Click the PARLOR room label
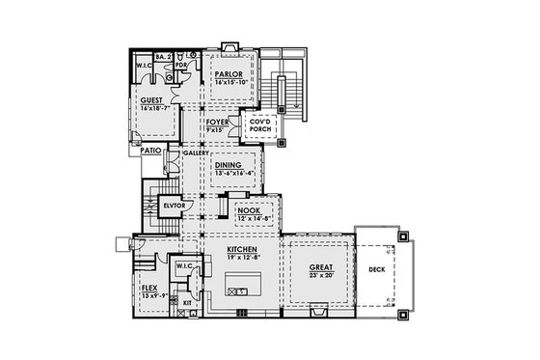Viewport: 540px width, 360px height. [229, 73]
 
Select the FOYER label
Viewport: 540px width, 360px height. [217, 123]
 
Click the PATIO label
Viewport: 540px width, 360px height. [148, 152]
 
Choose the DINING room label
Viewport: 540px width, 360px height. [229, 165]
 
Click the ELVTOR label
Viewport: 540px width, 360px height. [174, 206]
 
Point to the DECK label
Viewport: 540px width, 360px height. [377, 270]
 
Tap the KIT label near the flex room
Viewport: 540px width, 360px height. [188, 303]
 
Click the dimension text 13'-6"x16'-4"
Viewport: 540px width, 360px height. [229, 172]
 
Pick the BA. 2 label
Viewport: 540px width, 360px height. [164, 57]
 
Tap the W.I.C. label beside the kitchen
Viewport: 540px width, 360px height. [185, 266]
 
